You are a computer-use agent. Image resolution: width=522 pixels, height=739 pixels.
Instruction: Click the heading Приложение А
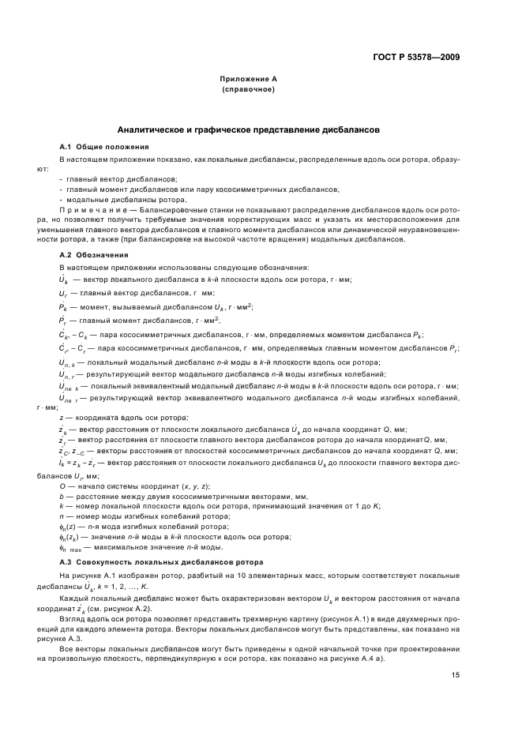248,80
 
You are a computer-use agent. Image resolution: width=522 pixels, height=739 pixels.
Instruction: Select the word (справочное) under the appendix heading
248,89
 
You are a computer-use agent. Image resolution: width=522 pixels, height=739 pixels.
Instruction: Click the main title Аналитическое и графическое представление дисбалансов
248,127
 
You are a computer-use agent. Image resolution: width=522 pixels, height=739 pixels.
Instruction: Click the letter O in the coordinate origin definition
62,486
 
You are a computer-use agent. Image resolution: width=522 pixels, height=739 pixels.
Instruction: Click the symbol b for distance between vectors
62,497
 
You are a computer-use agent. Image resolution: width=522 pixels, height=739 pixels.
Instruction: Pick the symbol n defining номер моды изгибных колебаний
62,516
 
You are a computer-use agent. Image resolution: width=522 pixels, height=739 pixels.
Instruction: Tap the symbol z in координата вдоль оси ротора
62,417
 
